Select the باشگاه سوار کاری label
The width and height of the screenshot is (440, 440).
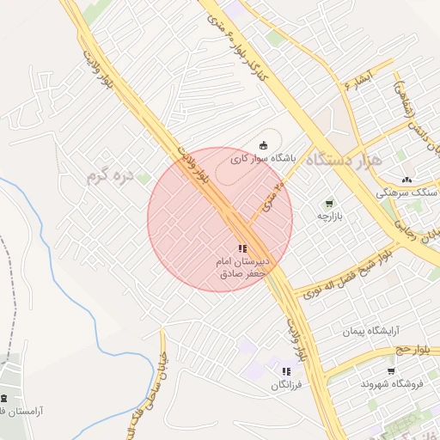[x=262, y=159]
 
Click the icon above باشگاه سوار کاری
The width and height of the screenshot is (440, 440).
[x=263, y=144]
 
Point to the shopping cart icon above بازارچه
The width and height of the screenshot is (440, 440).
[x=328, y=204]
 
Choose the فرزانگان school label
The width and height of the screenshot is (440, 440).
[x=287, y=386]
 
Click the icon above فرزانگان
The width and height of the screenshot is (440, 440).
[x=286, y=371]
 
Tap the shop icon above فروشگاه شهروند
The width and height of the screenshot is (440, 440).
[x=391, y=371]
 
